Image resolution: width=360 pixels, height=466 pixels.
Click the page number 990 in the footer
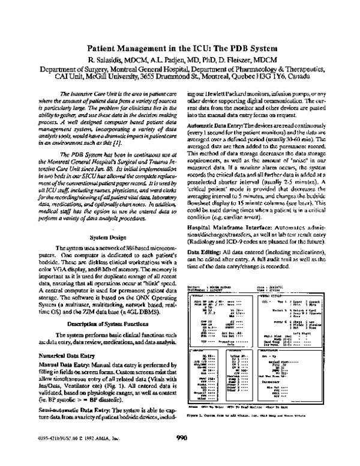(182, 454)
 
